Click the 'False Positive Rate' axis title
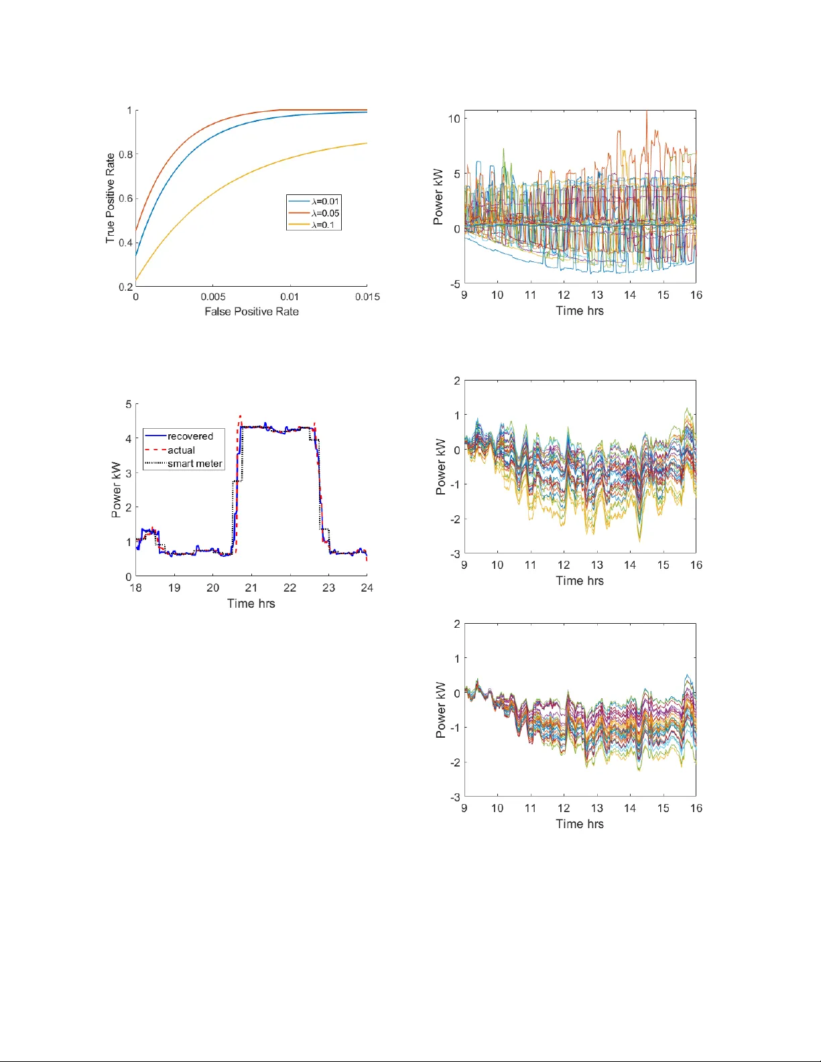(x=251, y=312)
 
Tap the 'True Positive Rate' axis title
(x=110, y=198)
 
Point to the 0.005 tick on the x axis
(x=213, y=297)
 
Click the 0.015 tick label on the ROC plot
(x=367, y=297)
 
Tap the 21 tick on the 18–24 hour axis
(x=251, y=588)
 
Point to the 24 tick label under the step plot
(x=367, y=588)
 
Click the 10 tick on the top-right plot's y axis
(x=454, y=119)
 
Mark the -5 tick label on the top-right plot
(x=454, y=284)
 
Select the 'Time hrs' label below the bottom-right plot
(x=580, y=824)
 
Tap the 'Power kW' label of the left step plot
(x=116, y=490)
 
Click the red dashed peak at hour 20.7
(x=241, y=416)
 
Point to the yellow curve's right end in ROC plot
(x=367, y=143)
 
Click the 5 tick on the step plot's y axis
(x=129, y=404)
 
